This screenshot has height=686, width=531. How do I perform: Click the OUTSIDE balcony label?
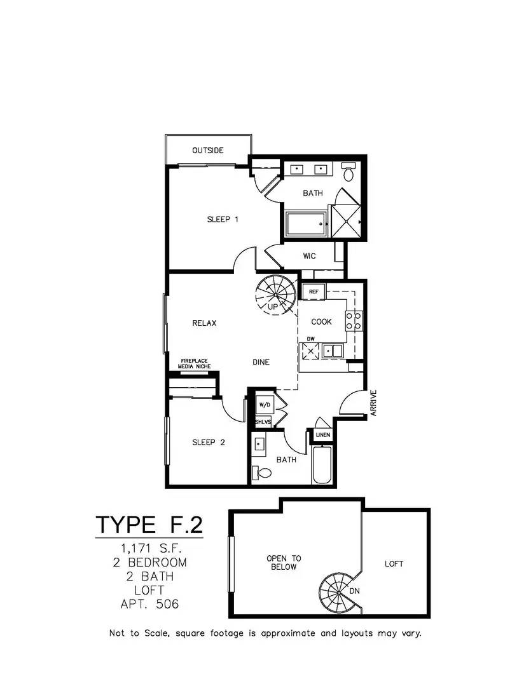pyautogui.click(x=208, y=150)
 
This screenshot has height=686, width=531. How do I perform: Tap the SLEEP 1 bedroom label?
pyautogui.click(x=223, y=219)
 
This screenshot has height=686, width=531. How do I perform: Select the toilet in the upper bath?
pyautogui.click(x=348, y=172)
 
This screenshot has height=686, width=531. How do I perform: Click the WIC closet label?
pyautogui.click(x=309, y=256)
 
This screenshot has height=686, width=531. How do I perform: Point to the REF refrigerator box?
pyautogui.click(x=314, y=292)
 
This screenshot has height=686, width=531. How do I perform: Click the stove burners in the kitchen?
pyautogui.click(x=354, y=320)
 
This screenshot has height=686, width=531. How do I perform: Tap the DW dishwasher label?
pyautogui.click(x=310, y=339)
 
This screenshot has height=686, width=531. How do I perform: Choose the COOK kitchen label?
pyautogui.click(x=322, y=321)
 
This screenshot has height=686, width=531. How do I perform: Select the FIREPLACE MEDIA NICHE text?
pyautogui.click(x=194, y=363)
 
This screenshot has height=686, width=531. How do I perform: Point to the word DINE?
pyautogui.click(x=261, y=362)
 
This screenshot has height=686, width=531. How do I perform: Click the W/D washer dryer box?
pyautogui.click(x=265, y=405)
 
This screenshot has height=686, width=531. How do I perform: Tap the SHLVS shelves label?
pyautogui.click(x=263, y=422)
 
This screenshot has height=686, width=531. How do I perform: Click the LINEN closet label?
pyautogui.click(x=323, y=435)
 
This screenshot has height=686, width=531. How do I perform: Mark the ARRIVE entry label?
pyautogui.click(x=373, y=403)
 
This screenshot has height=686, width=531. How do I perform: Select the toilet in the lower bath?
pyautogui.click(x=261, y=473)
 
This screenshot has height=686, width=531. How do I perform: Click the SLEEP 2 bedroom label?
pyautogui.click(x=209, y=442)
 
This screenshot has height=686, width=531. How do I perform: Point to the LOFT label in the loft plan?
pyautogui.click(x=394, y=564)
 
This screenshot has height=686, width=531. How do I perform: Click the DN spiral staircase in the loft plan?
pyautogui.click(x=340, y=593)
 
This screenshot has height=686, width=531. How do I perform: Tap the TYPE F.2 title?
pyautogui.click(x=149, y=525)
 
